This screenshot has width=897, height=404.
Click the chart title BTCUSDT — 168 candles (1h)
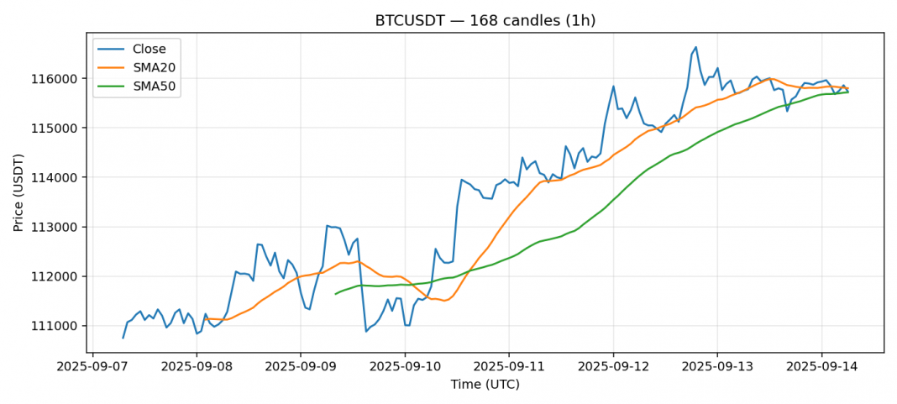click(485, 21)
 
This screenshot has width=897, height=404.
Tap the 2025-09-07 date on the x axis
click(92, 367)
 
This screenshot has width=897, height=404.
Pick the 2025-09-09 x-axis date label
click(301, 367)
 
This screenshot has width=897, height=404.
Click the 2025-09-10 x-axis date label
click(405, 367)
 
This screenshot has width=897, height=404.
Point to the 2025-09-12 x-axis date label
click(612, 367)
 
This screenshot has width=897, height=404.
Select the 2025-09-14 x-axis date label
click(821, 367)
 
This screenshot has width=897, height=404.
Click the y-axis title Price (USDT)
click(18, 192)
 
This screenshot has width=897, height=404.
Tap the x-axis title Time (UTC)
click(485, 385)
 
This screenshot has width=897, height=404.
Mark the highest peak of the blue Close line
click(695, 47)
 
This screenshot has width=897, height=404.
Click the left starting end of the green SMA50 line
click(335, 294)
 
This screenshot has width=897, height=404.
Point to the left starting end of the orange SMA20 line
click(206, 319)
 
